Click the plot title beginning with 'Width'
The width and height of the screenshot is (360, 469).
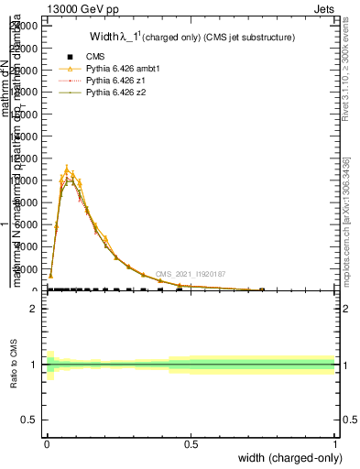point(191,38)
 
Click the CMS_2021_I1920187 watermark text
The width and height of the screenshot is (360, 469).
point(191,274)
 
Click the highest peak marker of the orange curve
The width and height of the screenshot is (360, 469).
point(67,169)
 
